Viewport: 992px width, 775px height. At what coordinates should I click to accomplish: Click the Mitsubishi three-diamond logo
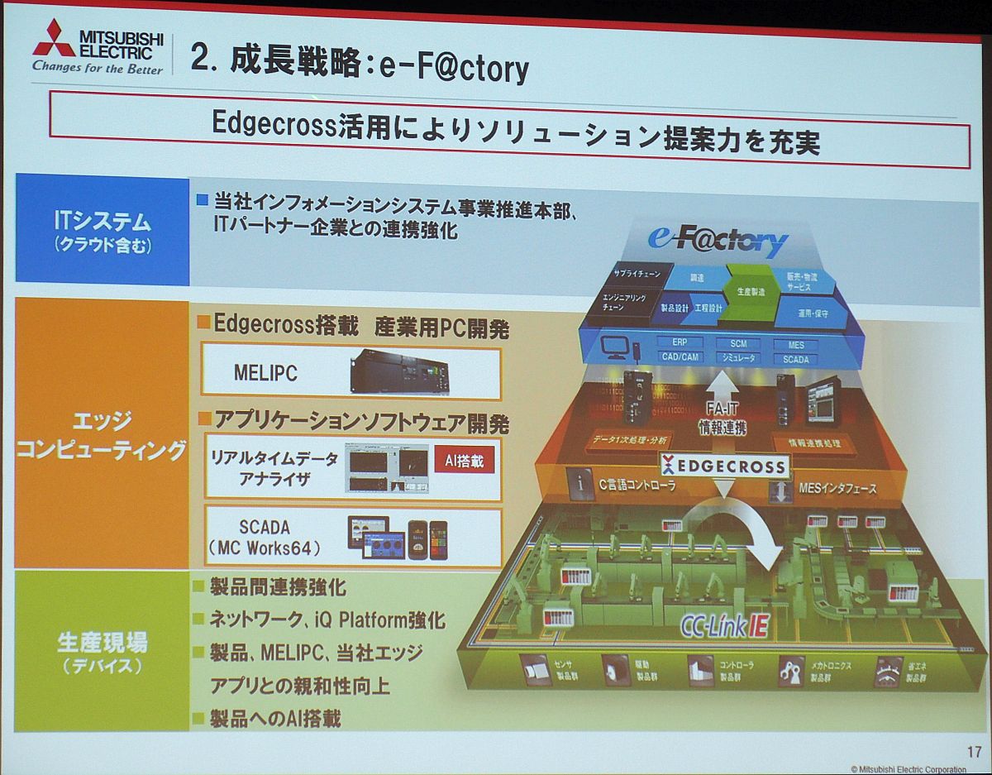[x=54, y=38]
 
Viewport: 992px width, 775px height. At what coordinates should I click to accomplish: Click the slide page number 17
[x=974, y=752]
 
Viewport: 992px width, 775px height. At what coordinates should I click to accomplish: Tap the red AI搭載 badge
[x=464, y=461]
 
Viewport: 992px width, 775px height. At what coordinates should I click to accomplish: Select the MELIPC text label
[x=265, y=374]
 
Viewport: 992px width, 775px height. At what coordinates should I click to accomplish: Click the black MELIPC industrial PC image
[x=398, y=372]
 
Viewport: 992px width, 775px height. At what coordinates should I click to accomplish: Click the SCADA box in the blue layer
[x=795, y=360]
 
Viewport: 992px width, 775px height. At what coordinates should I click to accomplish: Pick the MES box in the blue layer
[x=796, y=344]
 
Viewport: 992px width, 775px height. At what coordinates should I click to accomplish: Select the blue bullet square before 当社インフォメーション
[x=203, y=201]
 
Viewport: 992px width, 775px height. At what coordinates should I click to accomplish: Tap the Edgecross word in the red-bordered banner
[x=272, y=124]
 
